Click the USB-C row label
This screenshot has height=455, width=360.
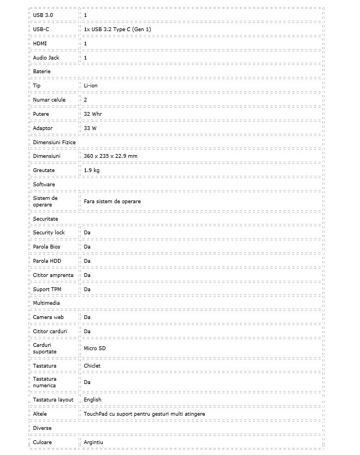[x=41, y=29]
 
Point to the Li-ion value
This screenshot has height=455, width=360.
[x=91, y=86]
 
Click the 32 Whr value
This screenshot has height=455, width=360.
[x=93, y=114]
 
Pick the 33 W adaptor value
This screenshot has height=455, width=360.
[x=90, y=128]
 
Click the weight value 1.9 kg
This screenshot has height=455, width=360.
[x=92, y=170]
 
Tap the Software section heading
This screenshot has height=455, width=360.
[x=44, y=185]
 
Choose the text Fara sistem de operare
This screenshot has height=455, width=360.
[x=112, y=202]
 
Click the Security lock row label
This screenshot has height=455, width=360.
[x=49, y=233]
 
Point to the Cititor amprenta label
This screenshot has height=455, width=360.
[x=53, y=275]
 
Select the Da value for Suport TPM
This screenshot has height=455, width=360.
[x=87, y=289]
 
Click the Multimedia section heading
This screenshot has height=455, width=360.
[x=46, y=303]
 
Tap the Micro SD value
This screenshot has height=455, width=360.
[x=95, y=348]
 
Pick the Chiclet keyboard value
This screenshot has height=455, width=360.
[x=92, y=366]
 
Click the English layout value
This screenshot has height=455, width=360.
[x=93, y=400]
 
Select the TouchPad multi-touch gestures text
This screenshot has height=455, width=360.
[x=144, y=414]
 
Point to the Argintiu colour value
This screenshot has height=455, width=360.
[x=94, y=442]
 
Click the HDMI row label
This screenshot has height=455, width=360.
[x=40, y=43]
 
